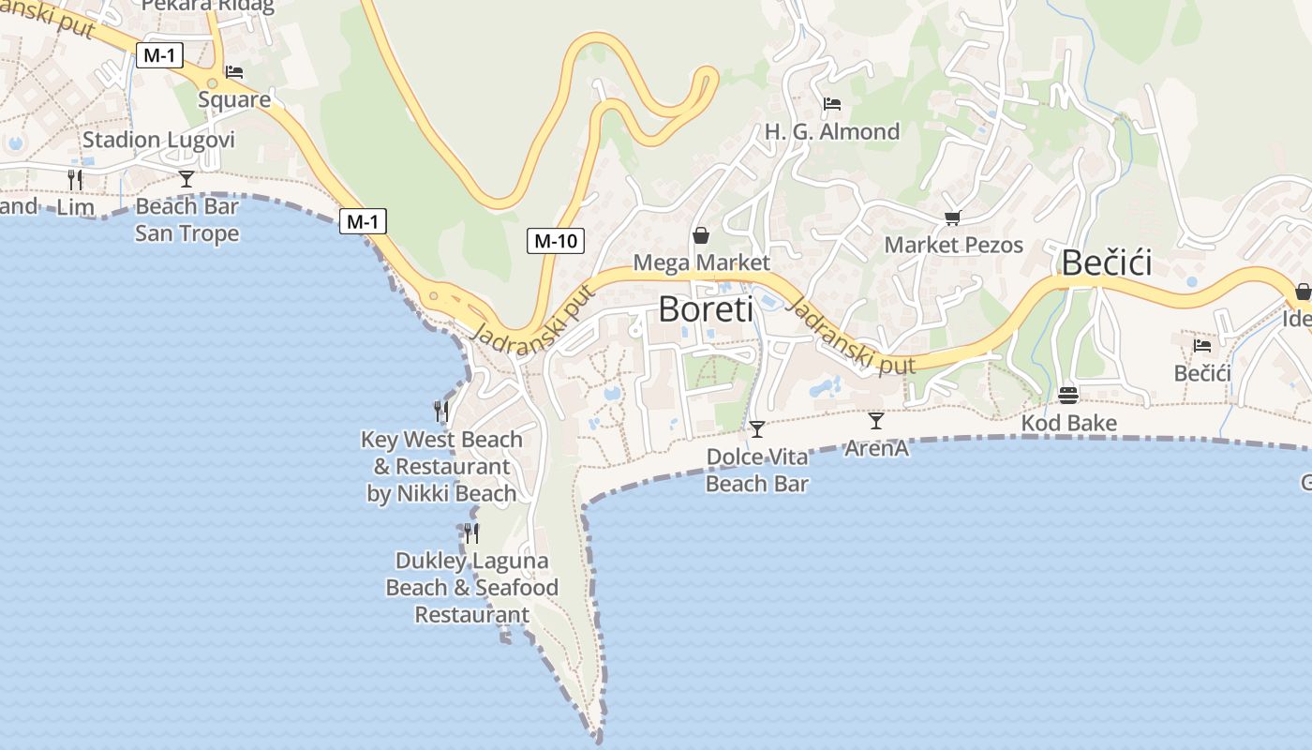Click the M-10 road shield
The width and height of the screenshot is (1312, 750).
point(555,241)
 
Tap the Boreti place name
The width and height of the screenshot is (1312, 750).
point(706,308)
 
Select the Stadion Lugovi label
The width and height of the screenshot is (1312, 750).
point(158,141)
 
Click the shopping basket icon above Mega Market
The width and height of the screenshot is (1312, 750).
point(700,235)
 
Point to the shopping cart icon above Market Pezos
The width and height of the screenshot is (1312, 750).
point(952,218)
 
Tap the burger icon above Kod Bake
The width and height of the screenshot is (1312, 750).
point(1068,395)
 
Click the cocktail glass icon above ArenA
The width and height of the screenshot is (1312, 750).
point(875,421)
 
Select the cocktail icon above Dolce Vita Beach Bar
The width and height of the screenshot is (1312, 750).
point(756,429)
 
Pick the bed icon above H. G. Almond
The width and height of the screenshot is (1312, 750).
point(831,104)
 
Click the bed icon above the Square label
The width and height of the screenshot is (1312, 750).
point(234,72)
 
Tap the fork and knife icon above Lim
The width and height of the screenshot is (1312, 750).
point(75,179)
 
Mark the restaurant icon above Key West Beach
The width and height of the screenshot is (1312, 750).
point(440,411)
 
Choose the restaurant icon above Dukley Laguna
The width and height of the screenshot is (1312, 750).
point(471,533)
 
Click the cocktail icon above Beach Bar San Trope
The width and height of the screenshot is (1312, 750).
point(186,179)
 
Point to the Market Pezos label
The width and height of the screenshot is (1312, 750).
point(953,246)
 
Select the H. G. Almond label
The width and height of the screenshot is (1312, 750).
point(832,132)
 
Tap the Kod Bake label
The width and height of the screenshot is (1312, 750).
point(1068,424)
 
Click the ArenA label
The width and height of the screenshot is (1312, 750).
point(876,449)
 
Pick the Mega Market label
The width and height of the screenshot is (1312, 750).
point(701,262)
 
